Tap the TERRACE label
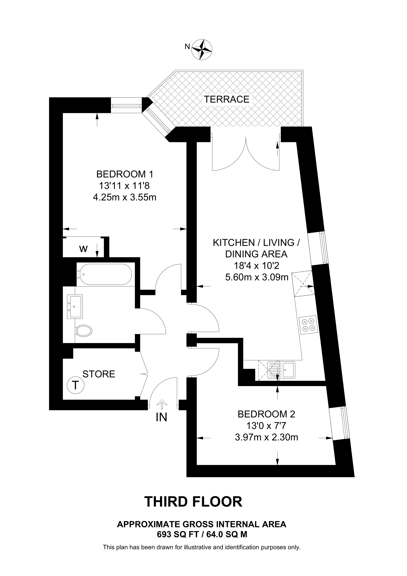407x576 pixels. (226, 99)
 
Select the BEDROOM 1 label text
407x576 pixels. (125, 174)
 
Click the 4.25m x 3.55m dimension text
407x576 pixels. (125, 197)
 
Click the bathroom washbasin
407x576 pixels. (75, 307)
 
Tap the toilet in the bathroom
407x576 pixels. (84, 331)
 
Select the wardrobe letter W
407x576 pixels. (83, 249)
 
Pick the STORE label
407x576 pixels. (99, 374)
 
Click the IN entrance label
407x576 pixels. (161, 417)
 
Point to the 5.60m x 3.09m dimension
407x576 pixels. (257, 277)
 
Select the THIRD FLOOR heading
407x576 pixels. (193, 501)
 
